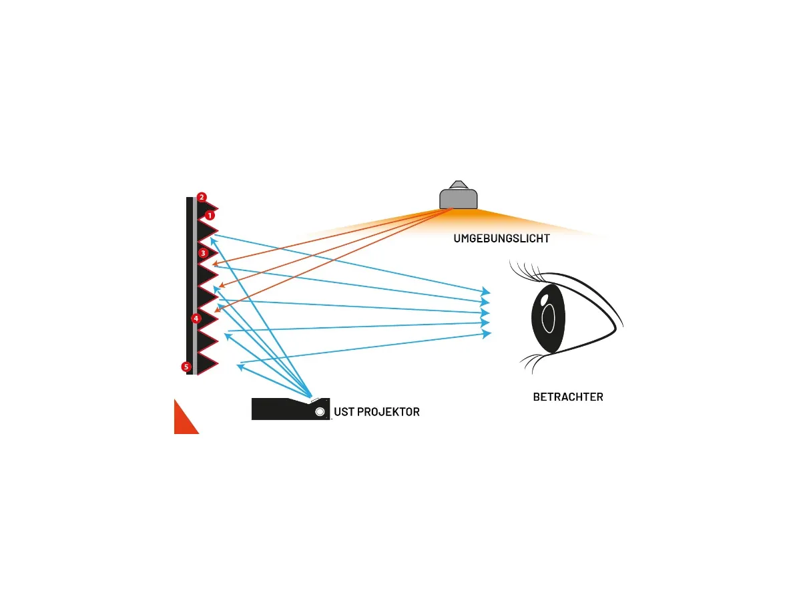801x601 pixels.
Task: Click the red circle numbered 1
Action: pos(210,216)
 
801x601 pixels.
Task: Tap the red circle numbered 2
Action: pos(202,197)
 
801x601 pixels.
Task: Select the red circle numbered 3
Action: pos(203,253)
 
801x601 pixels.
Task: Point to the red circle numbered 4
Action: pos(196,319)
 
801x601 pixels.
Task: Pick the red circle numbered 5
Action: pos(186,367)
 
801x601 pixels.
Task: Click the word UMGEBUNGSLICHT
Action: pos(501,238)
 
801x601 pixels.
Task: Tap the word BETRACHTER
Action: pos(567,397)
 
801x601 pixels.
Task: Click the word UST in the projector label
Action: pos(344,412)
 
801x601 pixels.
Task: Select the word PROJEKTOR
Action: pos(388,412)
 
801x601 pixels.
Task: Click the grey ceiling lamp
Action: pos(458,199)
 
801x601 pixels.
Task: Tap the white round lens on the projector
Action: pos(320,412)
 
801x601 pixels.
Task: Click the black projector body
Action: pos(280,409)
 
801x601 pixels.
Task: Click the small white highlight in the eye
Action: pos(545,298)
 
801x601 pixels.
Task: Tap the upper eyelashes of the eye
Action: pos(527,270)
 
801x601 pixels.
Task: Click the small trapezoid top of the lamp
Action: pos(458,184)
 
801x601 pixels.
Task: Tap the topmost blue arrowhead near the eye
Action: pos(487,292)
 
